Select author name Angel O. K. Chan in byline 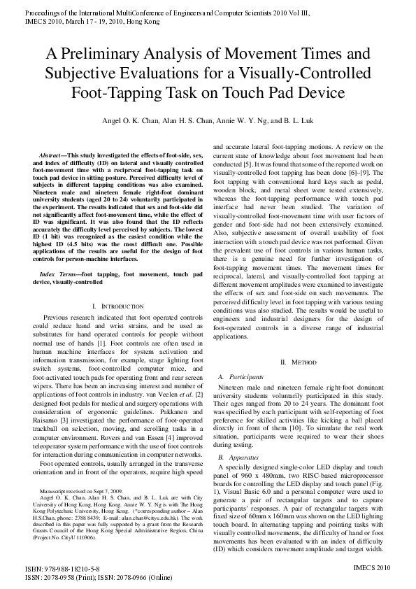pos(125,120)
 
